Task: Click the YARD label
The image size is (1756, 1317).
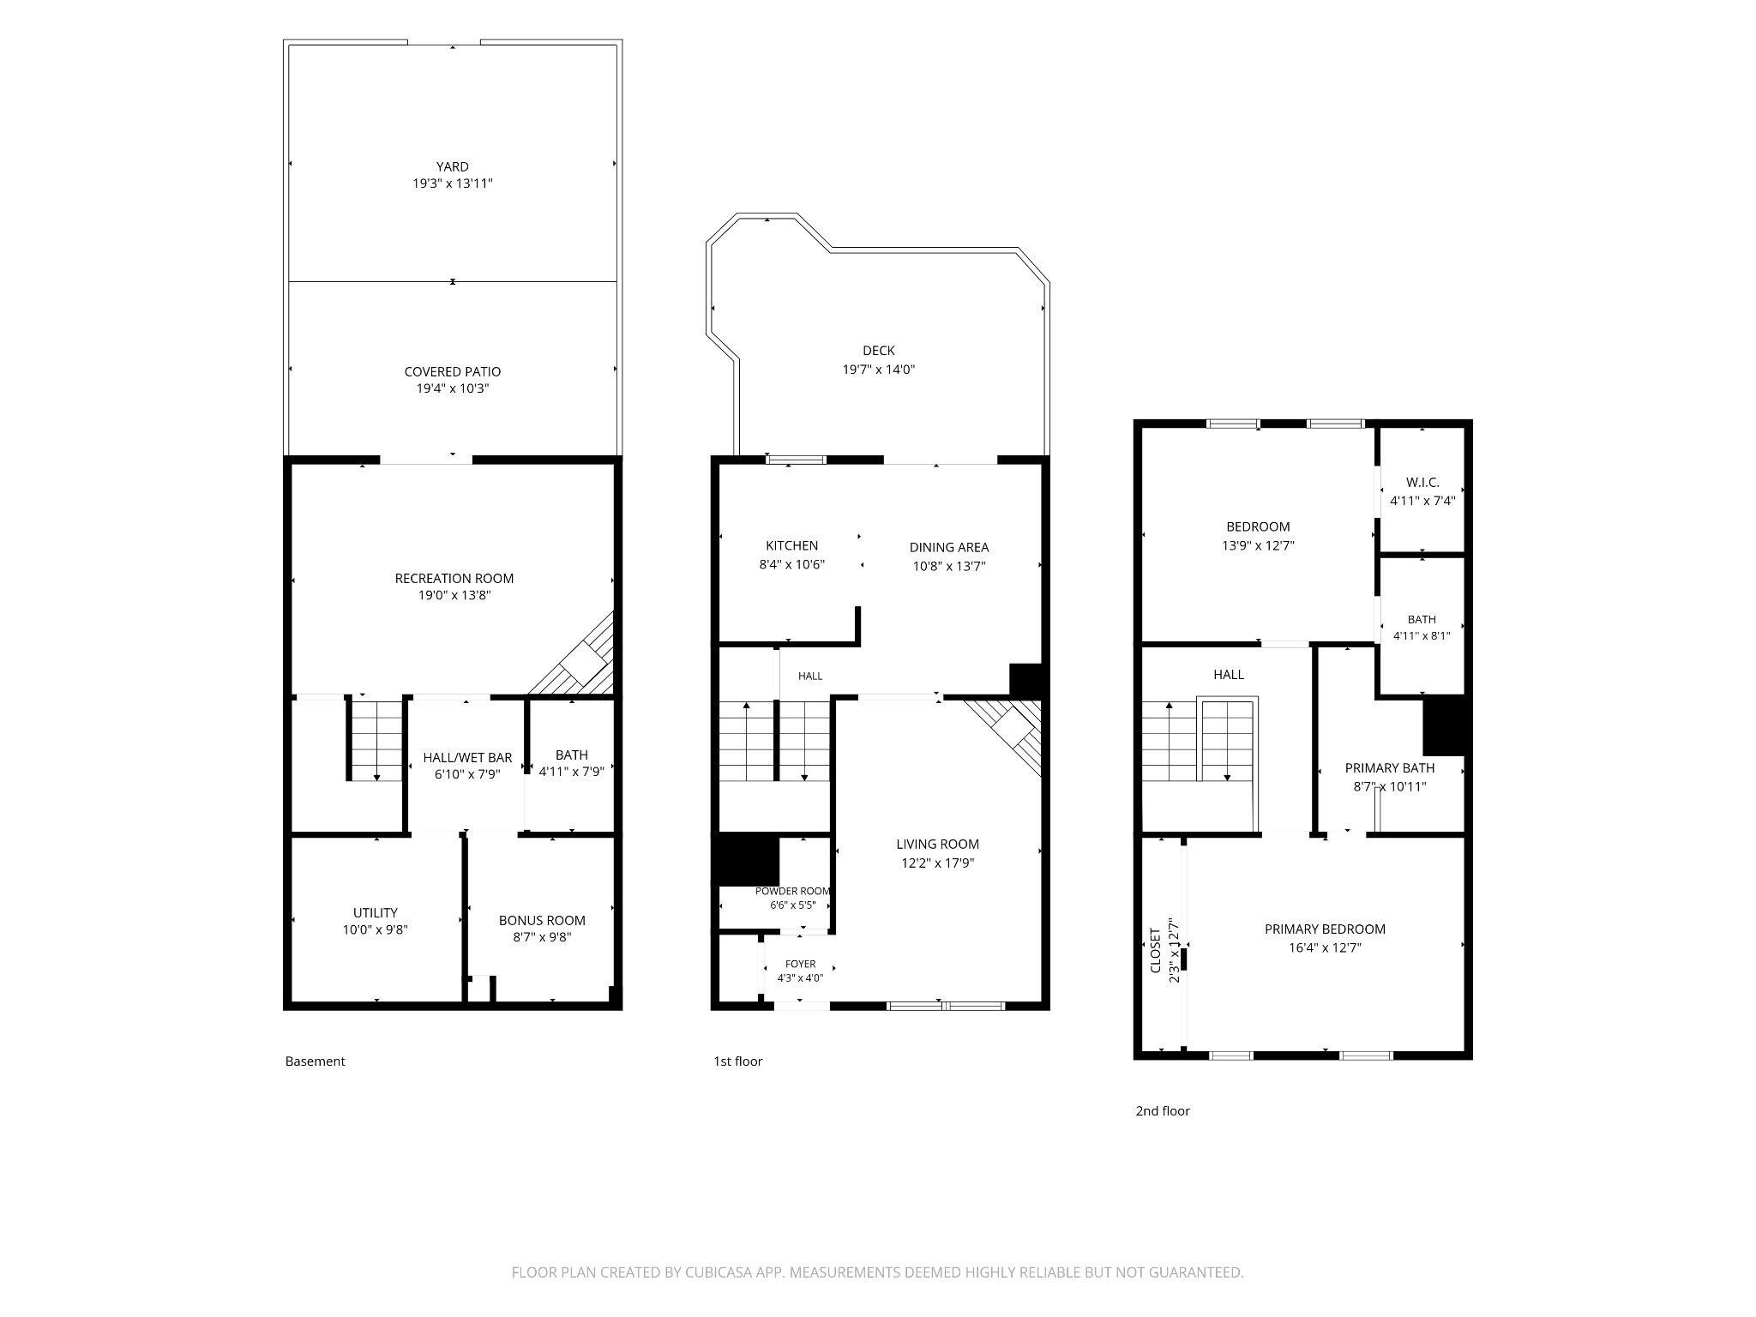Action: [453, 166]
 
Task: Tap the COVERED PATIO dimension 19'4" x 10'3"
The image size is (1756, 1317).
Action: [453, 388]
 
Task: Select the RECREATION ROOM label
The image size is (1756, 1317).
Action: [454, 578]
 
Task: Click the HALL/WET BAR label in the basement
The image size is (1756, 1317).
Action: [467, 757]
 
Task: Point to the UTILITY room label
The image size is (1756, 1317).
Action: [376, 912]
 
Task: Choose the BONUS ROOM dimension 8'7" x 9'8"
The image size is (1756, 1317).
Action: [542, 937]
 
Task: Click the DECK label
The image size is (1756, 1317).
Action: [879, 350]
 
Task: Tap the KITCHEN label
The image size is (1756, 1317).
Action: [792, 545]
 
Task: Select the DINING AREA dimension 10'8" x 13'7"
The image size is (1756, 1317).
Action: [949, 566]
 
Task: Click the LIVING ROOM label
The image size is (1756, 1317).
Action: [938, 844]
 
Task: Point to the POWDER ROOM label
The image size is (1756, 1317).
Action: [793, 891]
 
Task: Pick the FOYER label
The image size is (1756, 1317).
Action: [801, 964]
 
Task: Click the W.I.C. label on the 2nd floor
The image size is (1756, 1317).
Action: [1422, 482]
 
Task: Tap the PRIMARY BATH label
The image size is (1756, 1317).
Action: [1390, 767]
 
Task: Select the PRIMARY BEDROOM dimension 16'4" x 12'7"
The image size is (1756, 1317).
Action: [1325, 947]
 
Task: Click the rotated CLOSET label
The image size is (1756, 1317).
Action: [1155, 950]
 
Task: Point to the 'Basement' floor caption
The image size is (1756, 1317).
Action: [315, 1061]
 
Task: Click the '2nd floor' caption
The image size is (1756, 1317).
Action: [1163, 1110]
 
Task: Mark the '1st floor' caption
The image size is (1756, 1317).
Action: [737, 1061]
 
